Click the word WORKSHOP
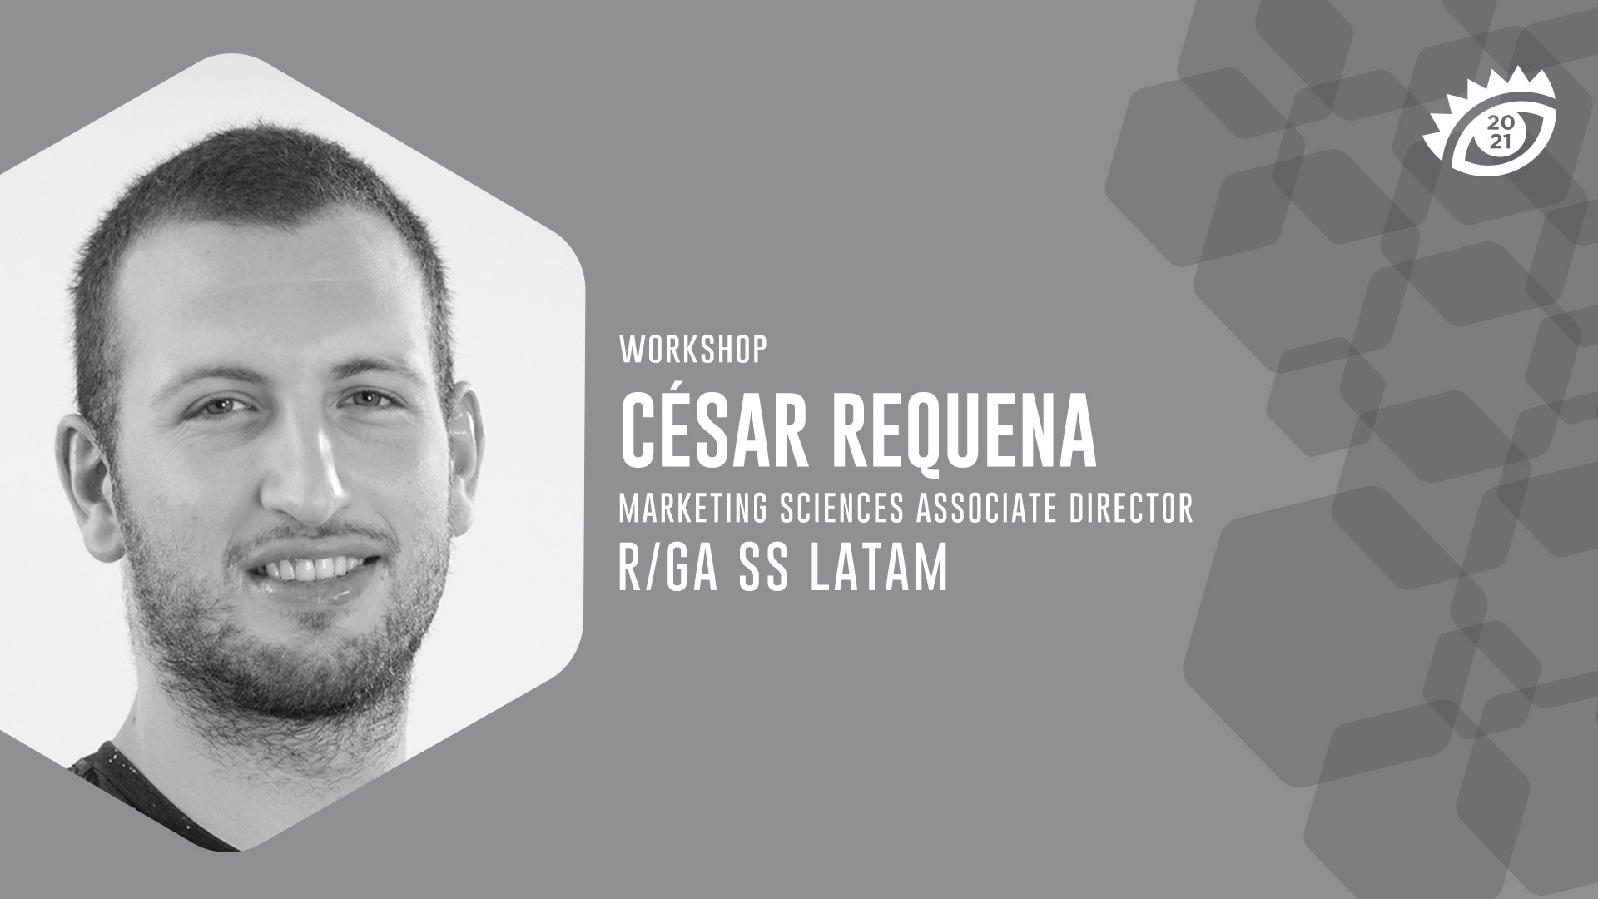point(692,351)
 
